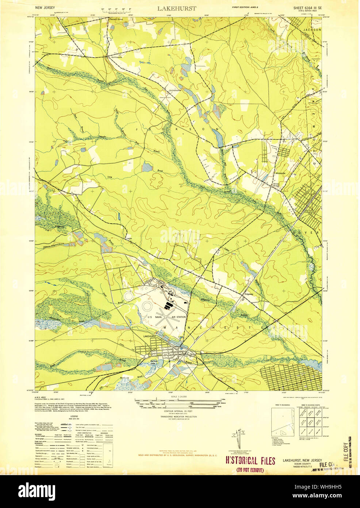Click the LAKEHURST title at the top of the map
(x=177, y=8)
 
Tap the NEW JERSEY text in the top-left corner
(x=45, y=7)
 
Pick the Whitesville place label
(x=280, y=173)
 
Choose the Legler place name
(x=129, y=238)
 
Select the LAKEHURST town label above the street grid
(x=150, y=336)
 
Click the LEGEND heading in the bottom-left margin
(x=74, y=416)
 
